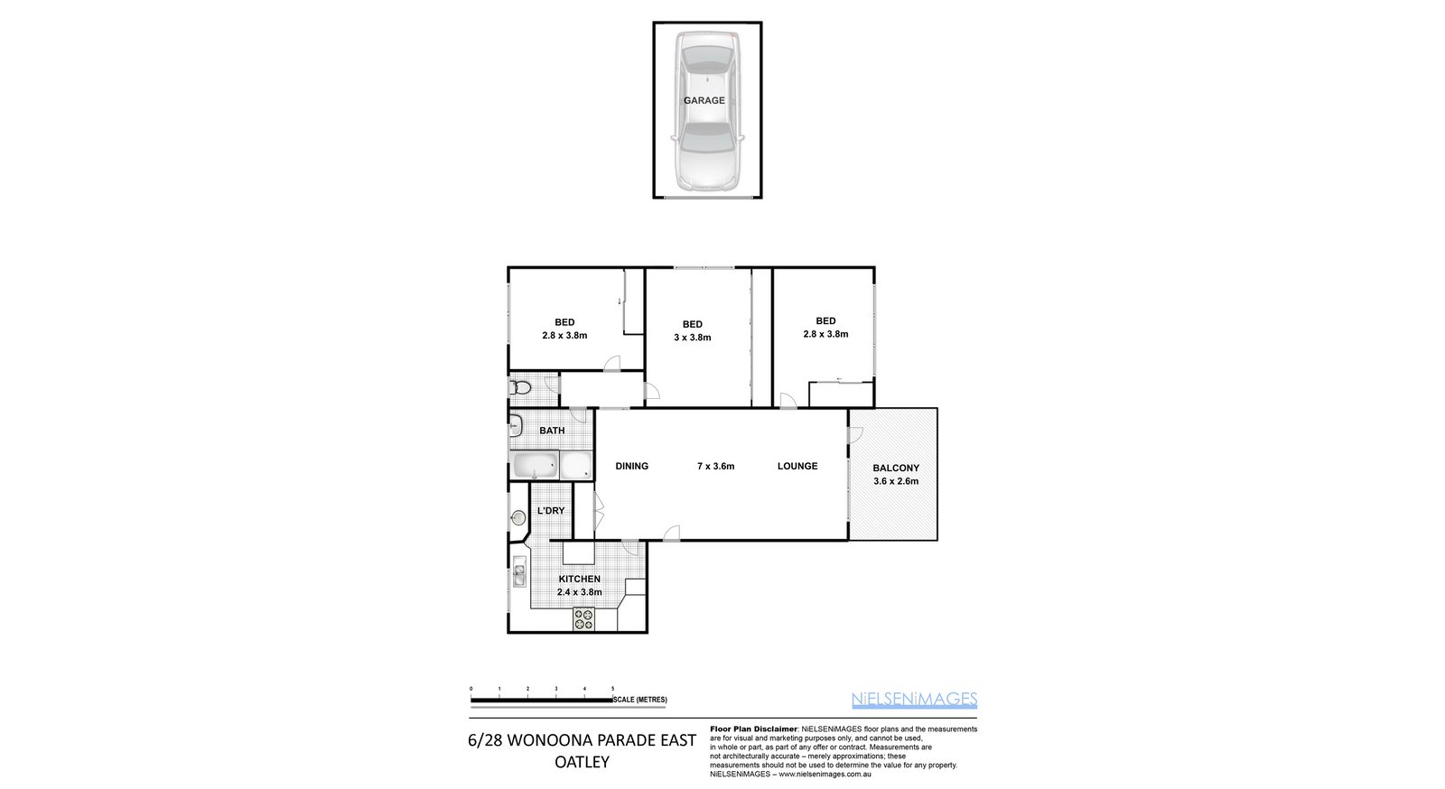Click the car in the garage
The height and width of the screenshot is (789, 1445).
(707, 111)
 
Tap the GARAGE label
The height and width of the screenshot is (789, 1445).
(704, 100)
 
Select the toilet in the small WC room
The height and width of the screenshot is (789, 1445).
(520, 388)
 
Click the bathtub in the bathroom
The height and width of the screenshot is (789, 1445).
(534, 465)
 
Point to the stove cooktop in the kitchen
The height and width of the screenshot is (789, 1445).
(583, 619)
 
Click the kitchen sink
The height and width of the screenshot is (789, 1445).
(518, 573)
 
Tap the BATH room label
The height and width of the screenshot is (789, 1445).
(552, 431)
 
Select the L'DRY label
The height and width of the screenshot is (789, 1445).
(551, 511)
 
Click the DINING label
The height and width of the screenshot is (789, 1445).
(631, 466)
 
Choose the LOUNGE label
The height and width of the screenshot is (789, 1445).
(797, 466)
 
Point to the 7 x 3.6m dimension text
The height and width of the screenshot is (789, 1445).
(715, 466)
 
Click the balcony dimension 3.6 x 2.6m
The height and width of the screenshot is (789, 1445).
(896, 481)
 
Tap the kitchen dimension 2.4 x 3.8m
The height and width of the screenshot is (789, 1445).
(579, 592)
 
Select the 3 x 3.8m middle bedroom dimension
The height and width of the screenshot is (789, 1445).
(692, 337)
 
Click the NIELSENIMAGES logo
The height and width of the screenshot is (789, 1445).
(914, 700)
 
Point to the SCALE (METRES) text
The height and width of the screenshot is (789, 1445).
(640, 700)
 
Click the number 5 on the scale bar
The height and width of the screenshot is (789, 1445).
(613, 689)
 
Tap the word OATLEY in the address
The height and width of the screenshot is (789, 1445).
(582, 762)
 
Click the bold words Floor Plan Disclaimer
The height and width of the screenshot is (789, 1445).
(753, 729)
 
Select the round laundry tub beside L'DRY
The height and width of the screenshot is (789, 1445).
(518, 517)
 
